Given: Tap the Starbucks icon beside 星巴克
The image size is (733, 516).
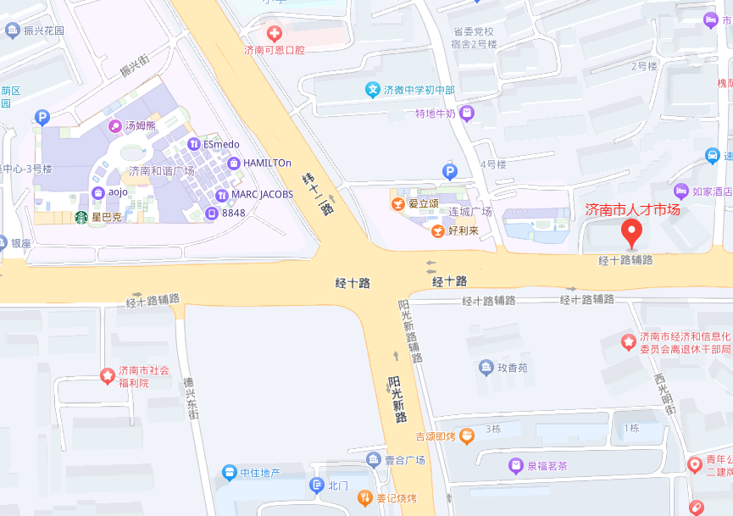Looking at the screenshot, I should click(x=81, y=217).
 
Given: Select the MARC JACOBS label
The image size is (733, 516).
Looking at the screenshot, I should click(x=262, y=194).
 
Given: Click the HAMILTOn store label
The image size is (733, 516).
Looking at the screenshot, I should click(x=267, y=163).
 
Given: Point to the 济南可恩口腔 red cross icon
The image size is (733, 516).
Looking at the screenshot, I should click(x=274, y=34).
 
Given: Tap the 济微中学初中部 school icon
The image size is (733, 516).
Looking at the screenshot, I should click(x=372, y=89).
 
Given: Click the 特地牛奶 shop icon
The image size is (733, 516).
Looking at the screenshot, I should click(x=467, y=113).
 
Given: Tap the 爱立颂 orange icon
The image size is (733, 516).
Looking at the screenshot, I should click(x=397, y=203).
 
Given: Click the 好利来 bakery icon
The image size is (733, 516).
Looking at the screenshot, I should click(x=437, y=230).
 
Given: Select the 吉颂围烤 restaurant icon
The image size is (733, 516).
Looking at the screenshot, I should click(x=467, y=436).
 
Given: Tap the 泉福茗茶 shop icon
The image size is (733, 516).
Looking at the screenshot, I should click(x=514, y=465).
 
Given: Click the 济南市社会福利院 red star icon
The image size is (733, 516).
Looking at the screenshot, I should click(x=108, y=375).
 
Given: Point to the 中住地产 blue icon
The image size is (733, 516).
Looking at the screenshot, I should click(x=229, y=472).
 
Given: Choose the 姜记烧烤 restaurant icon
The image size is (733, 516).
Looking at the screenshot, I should click(x=365, y=497).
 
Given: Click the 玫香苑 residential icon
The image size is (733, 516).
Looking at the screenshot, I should click(x=486, y=368).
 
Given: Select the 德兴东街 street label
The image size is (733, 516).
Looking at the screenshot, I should click(x=192, y=398).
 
